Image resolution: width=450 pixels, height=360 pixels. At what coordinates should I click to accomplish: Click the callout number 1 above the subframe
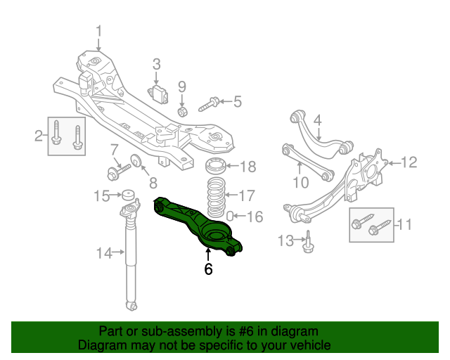pyautogui.click(x=98, y=31)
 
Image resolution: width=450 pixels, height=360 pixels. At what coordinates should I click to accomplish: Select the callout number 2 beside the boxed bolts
pyautogui.click(x=39, y=136)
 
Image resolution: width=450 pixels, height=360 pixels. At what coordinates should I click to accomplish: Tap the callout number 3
pyautogui.click(x=157, y=65)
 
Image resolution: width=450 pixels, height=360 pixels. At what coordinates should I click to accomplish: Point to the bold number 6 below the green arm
pyautogui.click(x=208, y=269)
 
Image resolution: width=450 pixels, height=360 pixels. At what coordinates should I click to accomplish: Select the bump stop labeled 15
pyautogui.click(x=128, y=195)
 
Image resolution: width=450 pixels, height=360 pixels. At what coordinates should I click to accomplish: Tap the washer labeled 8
pyautogui.click(x=137, y=162)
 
